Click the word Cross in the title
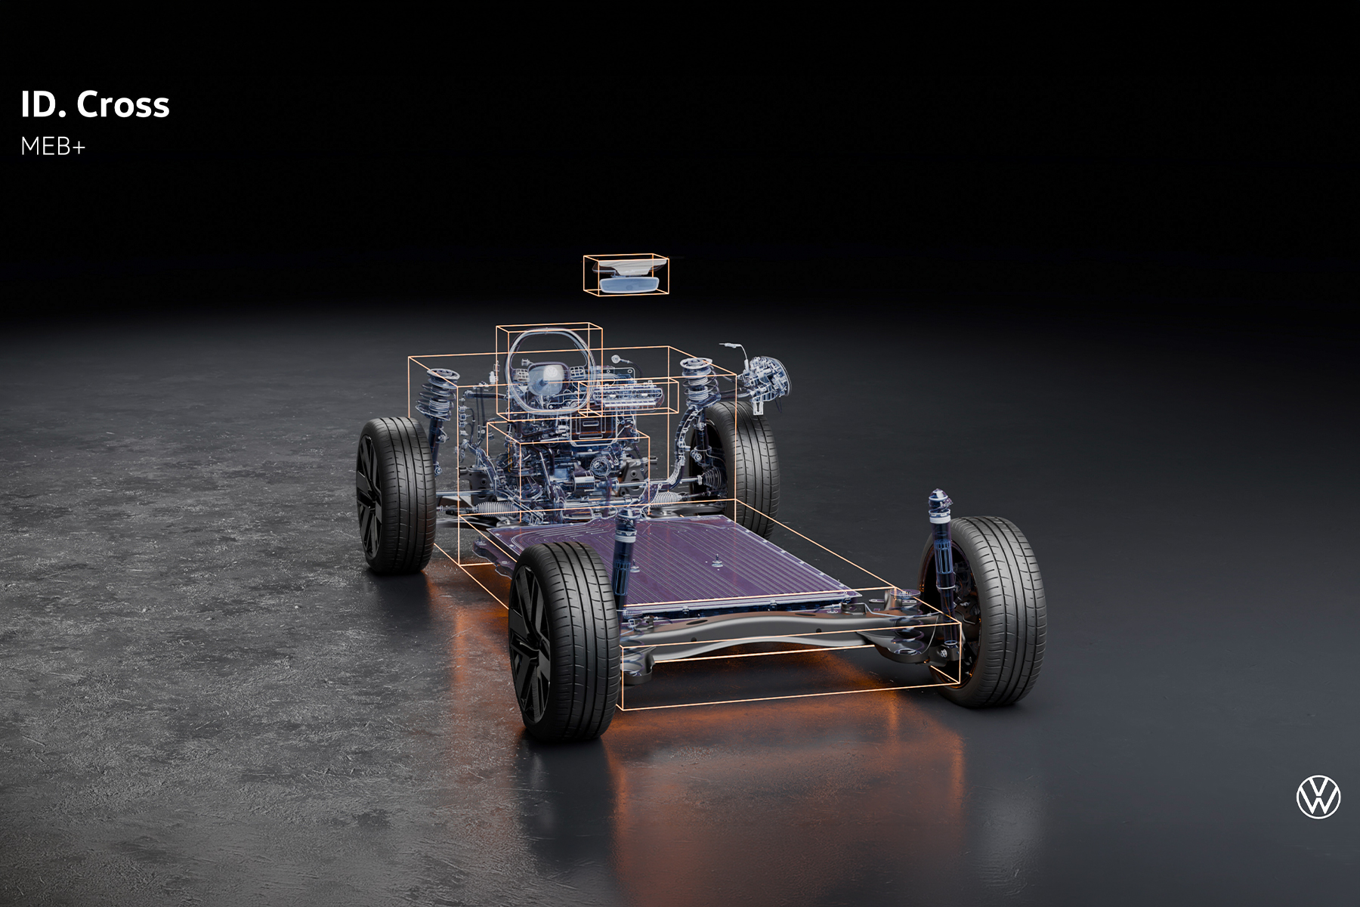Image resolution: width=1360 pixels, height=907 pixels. click(123, 104)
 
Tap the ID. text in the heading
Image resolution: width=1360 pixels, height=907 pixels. click(45, 104)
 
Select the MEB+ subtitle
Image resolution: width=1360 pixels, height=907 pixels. click(53, 147)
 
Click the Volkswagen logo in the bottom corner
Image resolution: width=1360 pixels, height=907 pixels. click(1318, 797)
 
